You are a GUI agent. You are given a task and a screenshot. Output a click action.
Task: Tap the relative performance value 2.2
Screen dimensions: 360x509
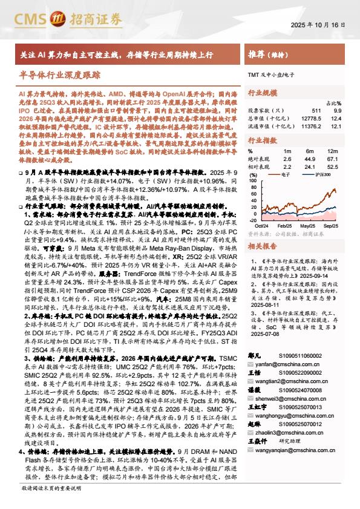pyautogui.click(x=287, y=166)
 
